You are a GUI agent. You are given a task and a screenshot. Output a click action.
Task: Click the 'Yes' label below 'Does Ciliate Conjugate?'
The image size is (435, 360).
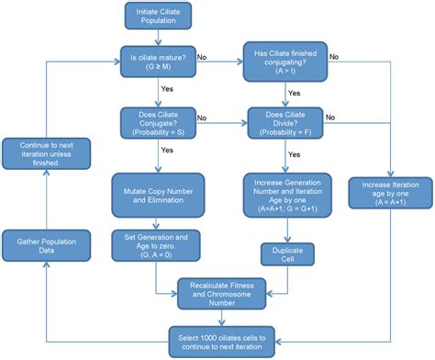click(x=167, y=150)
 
